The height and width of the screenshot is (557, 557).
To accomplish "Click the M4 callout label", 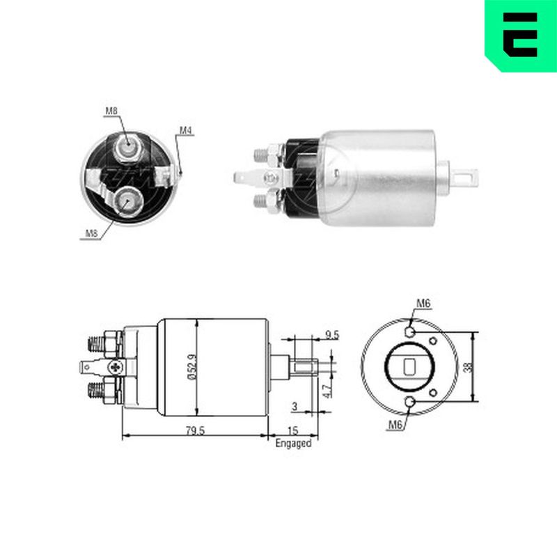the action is tap(185, 130).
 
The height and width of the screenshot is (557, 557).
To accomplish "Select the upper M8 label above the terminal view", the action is tap(111, 111).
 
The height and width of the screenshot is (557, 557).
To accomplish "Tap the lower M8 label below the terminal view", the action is tap(91, 233).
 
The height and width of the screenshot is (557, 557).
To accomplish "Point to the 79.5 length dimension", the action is tap(196, 430).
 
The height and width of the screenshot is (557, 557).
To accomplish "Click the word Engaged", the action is tap(293, 444).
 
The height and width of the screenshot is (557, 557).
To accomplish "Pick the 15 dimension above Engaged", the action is tap(292, 430).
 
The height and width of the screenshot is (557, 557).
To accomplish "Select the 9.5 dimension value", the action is tap(332, 335).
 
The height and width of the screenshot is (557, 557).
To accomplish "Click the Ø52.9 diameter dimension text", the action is tap(192, 367).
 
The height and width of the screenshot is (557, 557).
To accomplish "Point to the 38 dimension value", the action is tap(469, 367).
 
